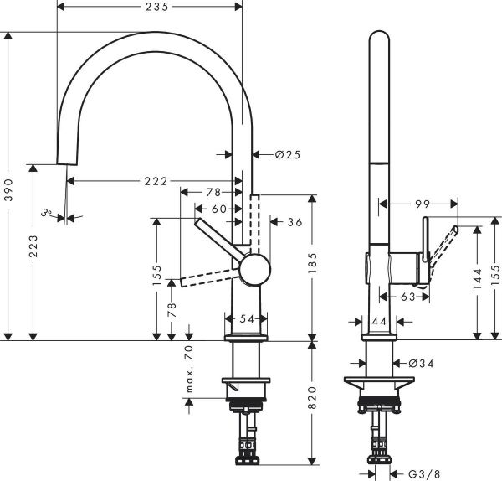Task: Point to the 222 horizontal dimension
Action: click(x=155, y=181)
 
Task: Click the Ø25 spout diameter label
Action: click(x=287, y=154)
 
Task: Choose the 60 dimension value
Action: click(x=218, y=208)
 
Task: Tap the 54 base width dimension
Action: click(x=246, y=319)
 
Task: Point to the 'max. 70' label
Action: click(x=189, y=370)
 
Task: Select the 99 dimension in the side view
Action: click(x=421, y=204)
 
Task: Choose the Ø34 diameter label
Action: click(x=421, y=363)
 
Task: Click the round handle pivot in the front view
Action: click(x=254, y=271)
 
